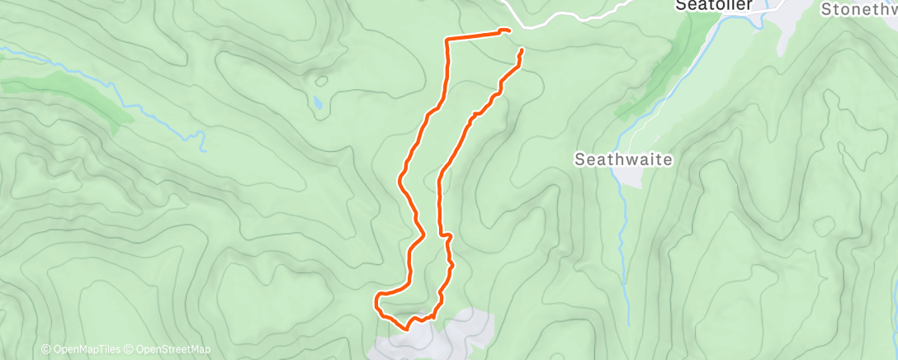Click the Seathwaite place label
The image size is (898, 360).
[x=624, y=159]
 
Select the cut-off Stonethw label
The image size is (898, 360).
[x=859, y=9]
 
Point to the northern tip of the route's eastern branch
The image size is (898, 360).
[x=522, y=51]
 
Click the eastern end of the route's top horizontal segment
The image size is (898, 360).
[x=505, y=31]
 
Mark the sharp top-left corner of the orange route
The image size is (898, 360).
[x=447, y=40]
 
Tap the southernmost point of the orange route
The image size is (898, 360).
[x=407, y=328]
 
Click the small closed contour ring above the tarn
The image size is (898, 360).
[x=320, y=81]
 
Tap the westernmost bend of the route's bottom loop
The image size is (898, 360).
[x=377, y=299]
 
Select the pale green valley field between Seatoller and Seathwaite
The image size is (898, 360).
[x=677, y=99]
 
